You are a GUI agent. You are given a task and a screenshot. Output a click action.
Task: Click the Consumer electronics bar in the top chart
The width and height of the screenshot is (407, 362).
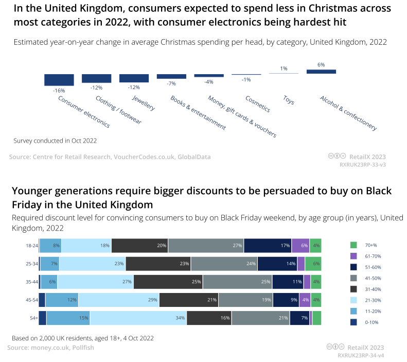tap(59, 80)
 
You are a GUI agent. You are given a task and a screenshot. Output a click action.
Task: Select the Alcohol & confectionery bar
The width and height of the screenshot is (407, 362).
tap(321, 72)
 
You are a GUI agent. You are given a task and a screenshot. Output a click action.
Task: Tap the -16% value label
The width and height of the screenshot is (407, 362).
tap(59, 90)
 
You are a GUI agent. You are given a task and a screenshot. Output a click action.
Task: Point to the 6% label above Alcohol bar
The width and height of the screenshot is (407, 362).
tap(321, 65)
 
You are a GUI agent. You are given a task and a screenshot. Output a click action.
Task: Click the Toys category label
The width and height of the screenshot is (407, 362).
tap(289, 100)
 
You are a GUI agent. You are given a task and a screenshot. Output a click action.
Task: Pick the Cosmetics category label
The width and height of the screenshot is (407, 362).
tap(257, 104)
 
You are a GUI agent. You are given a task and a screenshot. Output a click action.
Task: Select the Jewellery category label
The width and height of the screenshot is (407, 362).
tap(143, 103)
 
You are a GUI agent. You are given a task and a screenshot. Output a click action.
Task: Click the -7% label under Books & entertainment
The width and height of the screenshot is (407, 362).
tap(171, 83)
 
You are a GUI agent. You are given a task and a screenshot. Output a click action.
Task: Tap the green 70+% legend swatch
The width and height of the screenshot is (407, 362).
tap(353, 245)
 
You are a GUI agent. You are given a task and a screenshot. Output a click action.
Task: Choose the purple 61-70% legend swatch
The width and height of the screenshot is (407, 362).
tap(353, 256)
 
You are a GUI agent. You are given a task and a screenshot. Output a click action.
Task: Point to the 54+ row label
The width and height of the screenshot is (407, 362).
tap(33, 318)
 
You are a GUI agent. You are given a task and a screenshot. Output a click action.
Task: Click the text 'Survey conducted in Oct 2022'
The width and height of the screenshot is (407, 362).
tap(55, 140)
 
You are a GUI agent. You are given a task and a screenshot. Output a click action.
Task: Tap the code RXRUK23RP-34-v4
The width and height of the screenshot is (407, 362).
tap(362, 355)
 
